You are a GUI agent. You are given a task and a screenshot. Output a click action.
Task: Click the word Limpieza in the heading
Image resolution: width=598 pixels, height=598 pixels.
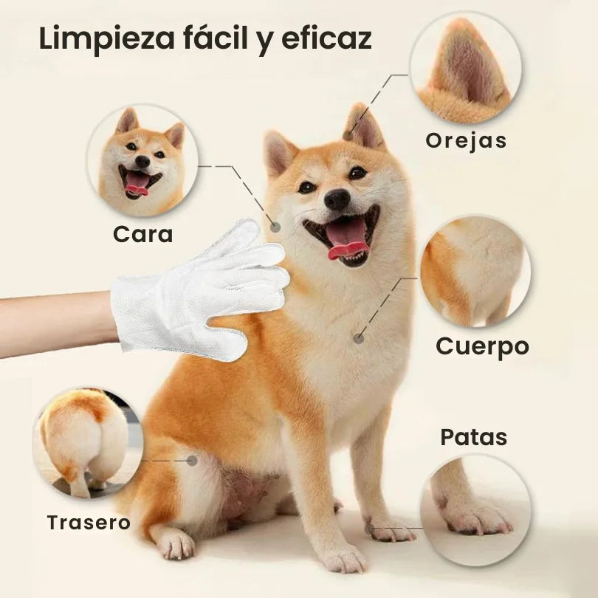pyautogui.click(x=106, y=38)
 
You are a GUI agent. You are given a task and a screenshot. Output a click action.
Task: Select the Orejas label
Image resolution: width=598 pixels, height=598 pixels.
pyautogui.click(x=466, y=141)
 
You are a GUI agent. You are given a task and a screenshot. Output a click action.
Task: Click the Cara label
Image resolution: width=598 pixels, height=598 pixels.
pyautogui.click(x=143, y=234)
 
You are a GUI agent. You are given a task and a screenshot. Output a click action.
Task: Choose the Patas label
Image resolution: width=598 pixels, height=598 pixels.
pyautogui.click(x=474, y=437)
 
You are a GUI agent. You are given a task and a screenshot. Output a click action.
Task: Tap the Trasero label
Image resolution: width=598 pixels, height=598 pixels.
pyautogui.click(x=89, y=522)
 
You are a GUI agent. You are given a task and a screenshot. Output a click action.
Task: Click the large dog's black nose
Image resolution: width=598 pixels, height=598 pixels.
pyautogui.click(x=337, y=199)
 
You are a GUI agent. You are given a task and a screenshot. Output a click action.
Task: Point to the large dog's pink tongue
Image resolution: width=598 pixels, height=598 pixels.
pyautogui.click(x=346, y=239)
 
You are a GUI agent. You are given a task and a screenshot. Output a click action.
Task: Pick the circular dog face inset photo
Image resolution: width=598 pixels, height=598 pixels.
pyautogui.click(x=142, y=160)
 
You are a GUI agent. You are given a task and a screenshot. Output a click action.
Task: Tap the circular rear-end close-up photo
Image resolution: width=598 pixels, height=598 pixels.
pyautogui.click(x=88, y=443)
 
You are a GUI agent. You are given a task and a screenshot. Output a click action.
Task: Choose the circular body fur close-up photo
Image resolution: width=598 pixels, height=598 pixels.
pyautogui.click(x=475, y=272)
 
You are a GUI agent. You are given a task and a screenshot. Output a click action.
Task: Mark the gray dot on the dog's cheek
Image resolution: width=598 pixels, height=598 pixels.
pyautogui.click(x=275, y=227)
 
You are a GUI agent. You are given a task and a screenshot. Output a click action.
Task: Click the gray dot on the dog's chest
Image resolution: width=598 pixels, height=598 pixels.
pyautogui.click(x=359, y=338)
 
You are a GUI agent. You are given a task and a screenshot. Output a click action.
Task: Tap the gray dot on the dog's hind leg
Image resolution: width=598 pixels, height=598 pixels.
pyautogui.click(x=192, y=461)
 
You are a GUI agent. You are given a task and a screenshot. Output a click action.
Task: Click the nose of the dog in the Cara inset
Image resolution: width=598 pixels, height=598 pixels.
pyautogui.click(x=142, y=162)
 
